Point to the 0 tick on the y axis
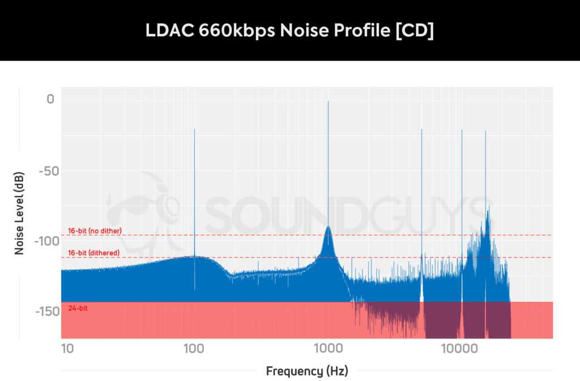50,100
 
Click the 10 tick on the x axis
67,347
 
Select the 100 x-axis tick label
194,347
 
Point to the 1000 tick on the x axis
327,347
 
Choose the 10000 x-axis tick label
459,347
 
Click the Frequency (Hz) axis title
306,371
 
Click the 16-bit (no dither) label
95,231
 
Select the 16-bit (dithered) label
93,253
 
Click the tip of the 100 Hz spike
194,129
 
